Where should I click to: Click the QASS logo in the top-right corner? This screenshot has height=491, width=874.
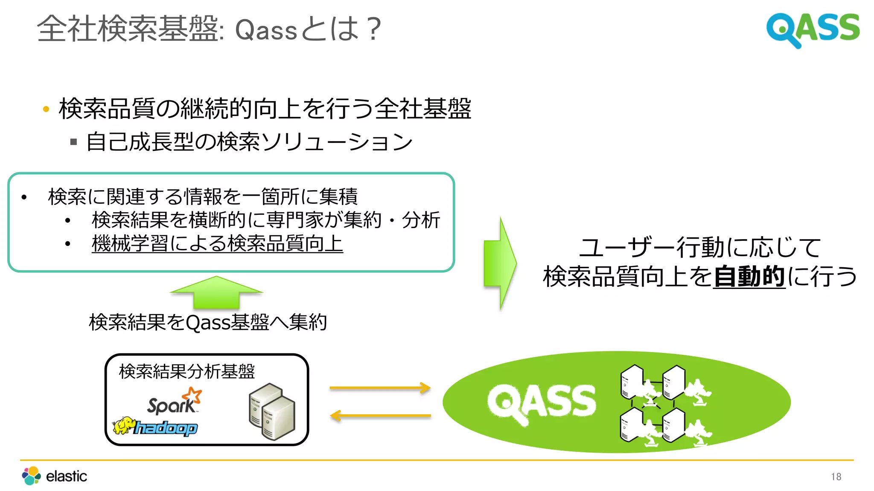[813, 29]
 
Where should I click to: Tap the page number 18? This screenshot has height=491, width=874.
[836, 477]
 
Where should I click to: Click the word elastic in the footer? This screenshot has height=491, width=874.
[66, 476]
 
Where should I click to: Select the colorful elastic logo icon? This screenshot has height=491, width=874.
[31, 476]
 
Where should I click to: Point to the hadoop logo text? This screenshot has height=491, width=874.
[166, 427]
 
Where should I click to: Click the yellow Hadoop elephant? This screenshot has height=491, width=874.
[124, 425]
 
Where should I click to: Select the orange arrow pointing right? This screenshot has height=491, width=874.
[380, 388]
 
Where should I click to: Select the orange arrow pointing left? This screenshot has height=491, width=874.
[380, 416]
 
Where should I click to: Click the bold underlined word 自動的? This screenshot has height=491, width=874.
[749, 276]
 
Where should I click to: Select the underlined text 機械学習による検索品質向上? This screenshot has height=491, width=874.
[217, 243]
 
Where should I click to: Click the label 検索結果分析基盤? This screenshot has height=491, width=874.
[186, 371]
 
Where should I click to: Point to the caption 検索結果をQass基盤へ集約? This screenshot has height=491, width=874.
[208, 322]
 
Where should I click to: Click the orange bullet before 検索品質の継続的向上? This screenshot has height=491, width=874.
[46, 110]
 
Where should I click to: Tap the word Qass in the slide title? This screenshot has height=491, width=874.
[265, 30]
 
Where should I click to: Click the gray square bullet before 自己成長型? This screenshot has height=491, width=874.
[73, 142]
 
